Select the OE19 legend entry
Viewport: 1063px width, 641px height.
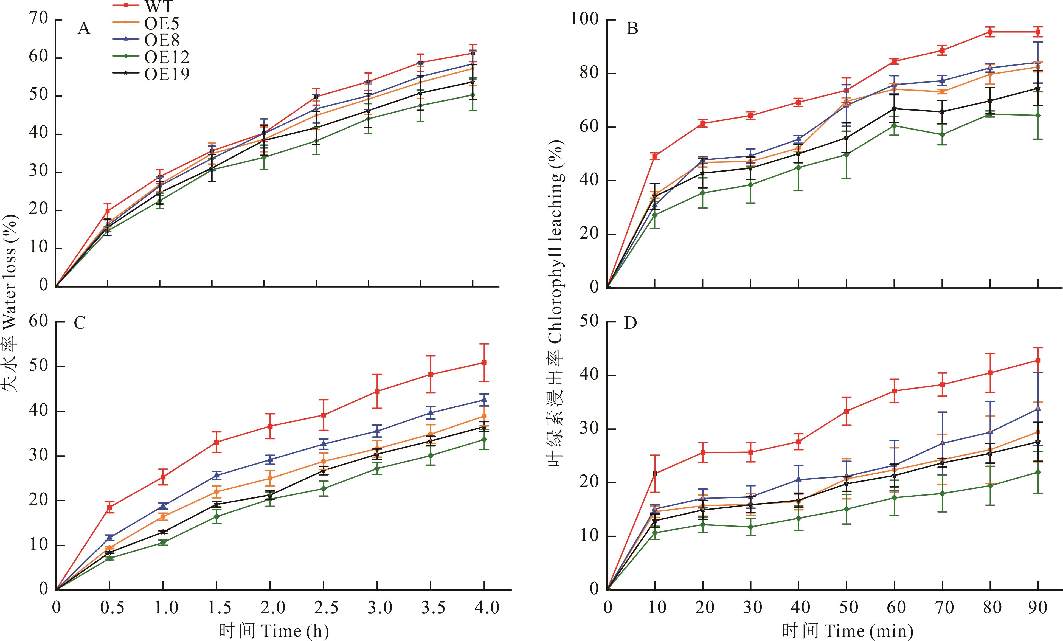167,74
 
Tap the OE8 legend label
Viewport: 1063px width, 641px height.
162,40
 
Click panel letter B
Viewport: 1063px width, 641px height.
632,29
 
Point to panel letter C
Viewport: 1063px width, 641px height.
80,323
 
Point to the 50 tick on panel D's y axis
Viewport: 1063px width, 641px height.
590,322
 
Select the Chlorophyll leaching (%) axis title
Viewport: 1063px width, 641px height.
556,302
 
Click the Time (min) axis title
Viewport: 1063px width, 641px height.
847,631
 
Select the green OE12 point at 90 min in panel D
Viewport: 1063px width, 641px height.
1038,472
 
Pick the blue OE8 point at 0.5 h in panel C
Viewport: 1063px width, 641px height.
109,538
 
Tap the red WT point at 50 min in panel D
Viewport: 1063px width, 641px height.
847,411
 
